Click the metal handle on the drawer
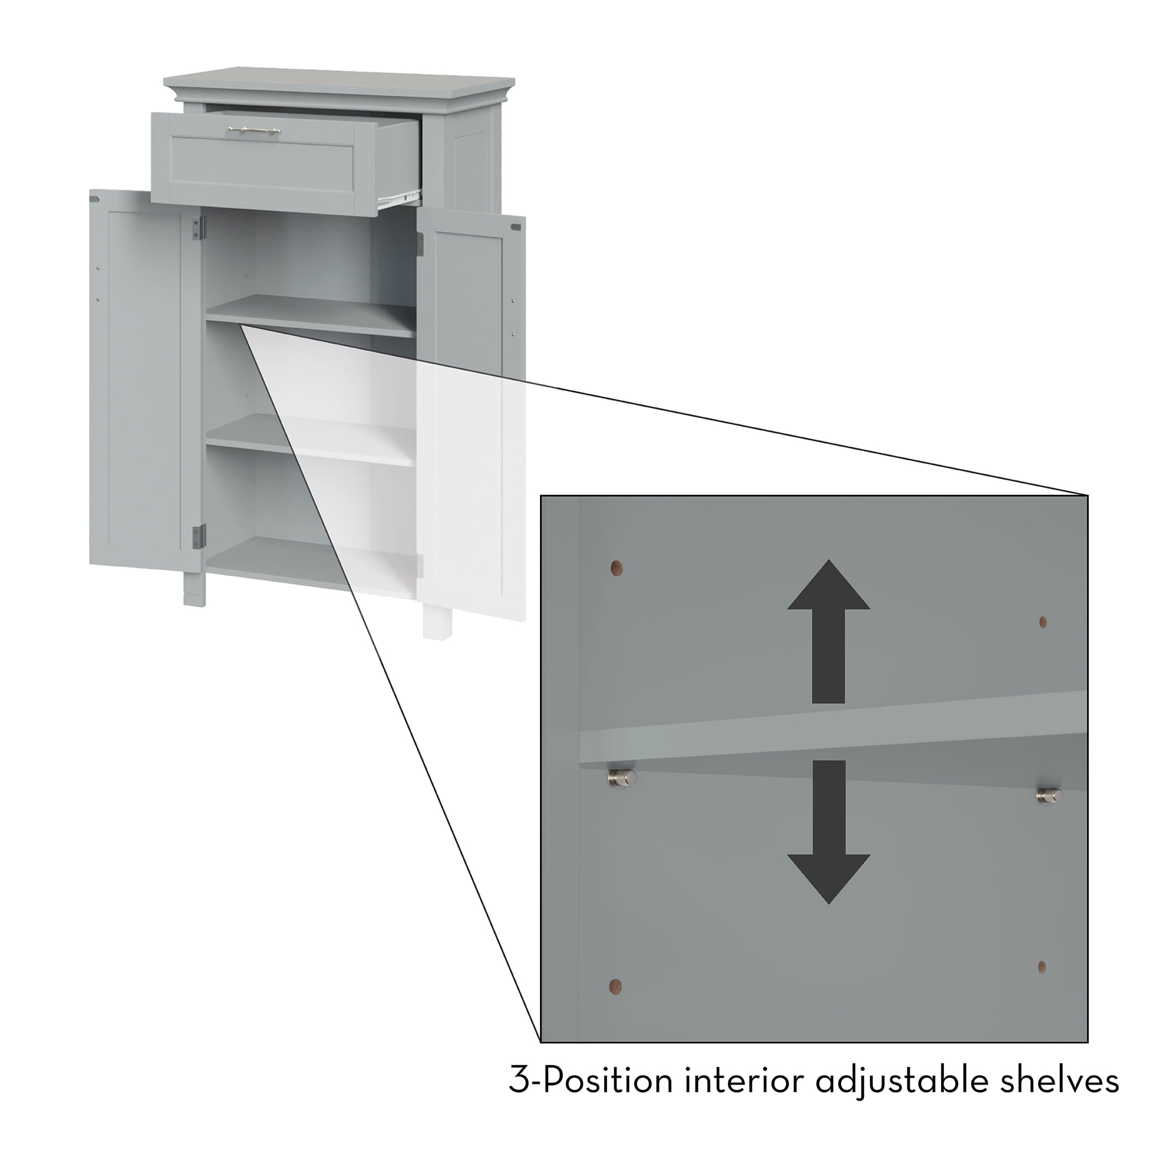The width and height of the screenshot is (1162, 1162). (254, 130)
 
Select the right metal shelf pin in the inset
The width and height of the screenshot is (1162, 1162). (1050, 796)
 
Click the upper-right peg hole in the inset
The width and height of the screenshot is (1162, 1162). (1043, 622)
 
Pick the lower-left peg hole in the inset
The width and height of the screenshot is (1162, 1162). (615, 986)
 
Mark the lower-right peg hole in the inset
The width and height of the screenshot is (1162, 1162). (1042, 967)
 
